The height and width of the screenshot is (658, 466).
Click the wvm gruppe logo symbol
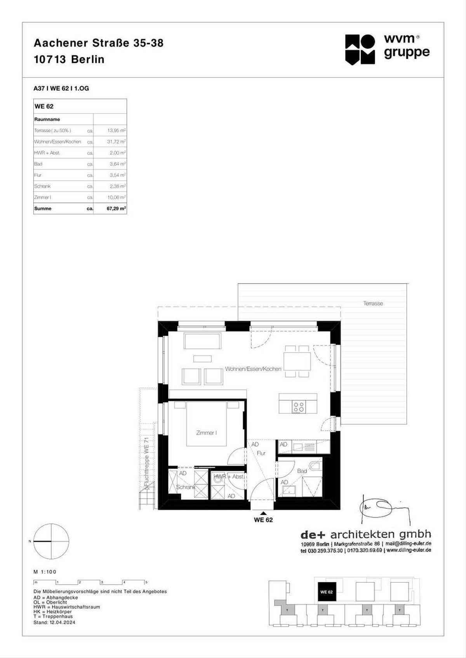360,49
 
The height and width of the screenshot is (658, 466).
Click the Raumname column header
47,119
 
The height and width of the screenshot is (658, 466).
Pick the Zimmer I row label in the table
43,197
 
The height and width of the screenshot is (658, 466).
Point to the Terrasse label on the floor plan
373,303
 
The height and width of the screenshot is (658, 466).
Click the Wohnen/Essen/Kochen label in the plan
253,369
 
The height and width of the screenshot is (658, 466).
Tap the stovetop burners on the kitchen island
299,407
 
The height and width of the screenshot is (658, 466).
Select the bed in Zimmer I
206,424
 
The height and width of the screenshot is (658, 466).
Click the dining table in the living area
297,362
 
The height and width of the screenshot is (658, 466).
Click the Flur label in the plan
261,453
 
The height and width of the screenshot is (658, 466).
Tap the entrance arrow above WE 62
263,513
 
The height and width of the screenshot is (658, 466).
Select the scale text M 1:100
45,572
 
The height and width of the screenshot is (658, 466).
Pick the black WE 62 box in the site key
327,592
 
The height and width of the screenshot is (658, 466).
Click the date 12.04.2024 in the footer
63,622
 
